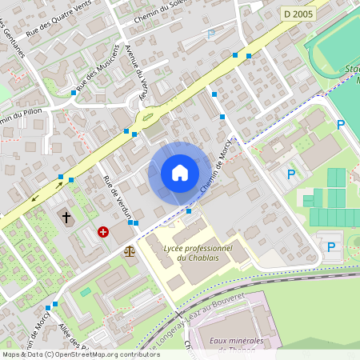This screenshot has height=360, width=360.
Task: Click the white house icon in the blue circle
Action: pyautogui.click(x=179, y=173)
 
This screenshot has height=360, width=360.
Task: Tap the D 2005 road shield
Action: pyautogui.click(x=298, y=14)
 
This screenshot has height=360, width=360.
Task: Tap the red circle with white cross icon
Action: pyautogui.click(x=103, y=232)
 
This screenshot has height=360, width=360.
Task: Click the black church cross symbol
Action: pyautogui.click(x=67, y=217)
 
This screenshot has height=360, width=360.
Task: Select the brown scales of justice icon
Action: pyautogui.click(x=130, y=251)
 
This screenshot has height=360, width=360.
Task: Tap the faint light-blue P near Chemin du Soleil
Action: pyautogui.click(x=210, y=34)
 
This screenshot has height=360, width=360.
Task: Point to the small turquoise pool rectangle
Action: pyautogui.click(x=86, y=292)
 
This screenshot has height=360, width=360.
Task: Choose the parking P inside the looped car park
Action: pyautogui.click(x=330, y=247)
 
